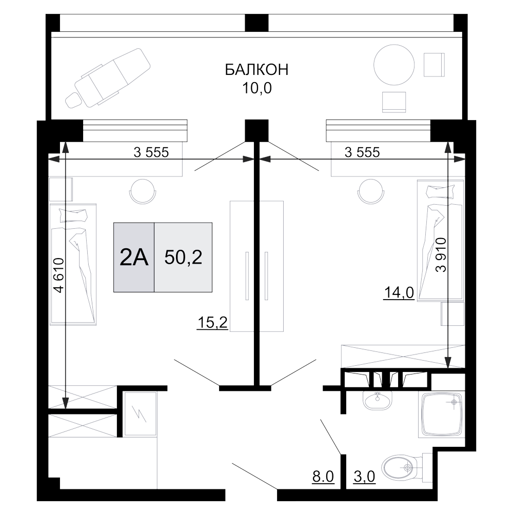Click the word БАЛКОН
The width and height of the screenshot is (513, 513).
coord(256,70)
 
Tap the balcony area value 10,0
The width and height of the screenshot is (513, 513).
coord(256,88)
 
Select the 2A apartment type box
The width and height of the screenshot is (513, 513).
coord(133,258)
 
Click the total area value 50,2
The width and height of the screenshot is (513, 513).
coord(183,258)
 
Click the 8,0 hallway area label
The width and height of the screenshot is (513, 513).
coord(324,477)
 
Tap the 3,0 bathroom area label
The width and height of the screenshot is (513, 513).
coord(365,477)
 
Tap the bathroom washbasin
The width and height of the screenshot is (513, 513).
coord(377,400)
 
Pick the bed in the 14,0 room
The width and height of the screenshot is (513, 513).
coord(440,241)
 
